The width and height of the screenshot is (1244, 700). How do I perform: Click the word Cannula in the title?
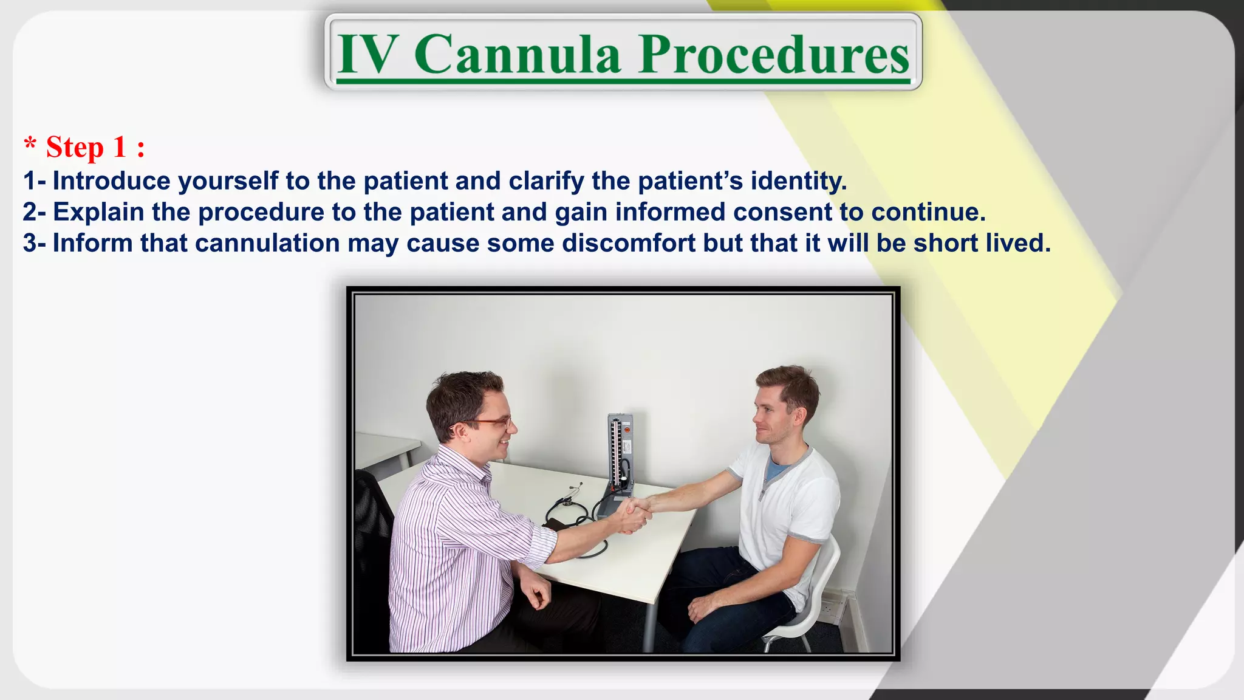click(518, 55)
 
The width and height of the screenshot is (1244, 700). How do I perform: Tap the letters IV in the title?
click(368, 55)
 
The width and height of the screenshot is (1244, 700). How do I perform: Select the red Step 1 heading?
click(85, 147)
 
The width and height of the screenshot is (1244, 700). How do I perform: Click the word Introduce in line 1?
click(112, 181)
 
